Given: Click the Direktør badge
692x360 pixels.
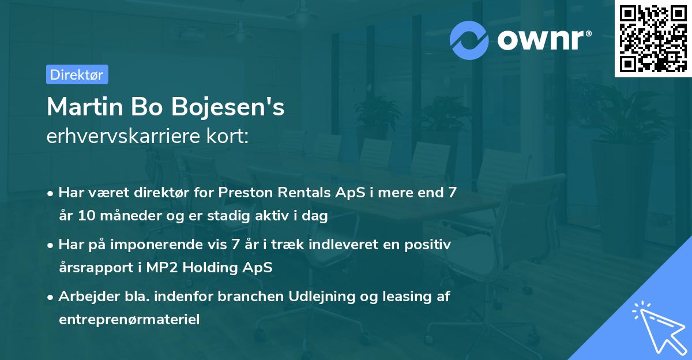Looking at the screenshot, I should (x=77, y=74).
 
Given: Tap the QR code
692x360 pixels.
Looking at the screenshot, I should (x=653, y=39).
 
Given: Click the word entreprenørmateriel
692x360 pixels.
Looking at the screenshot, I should (x=129, y=319).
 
